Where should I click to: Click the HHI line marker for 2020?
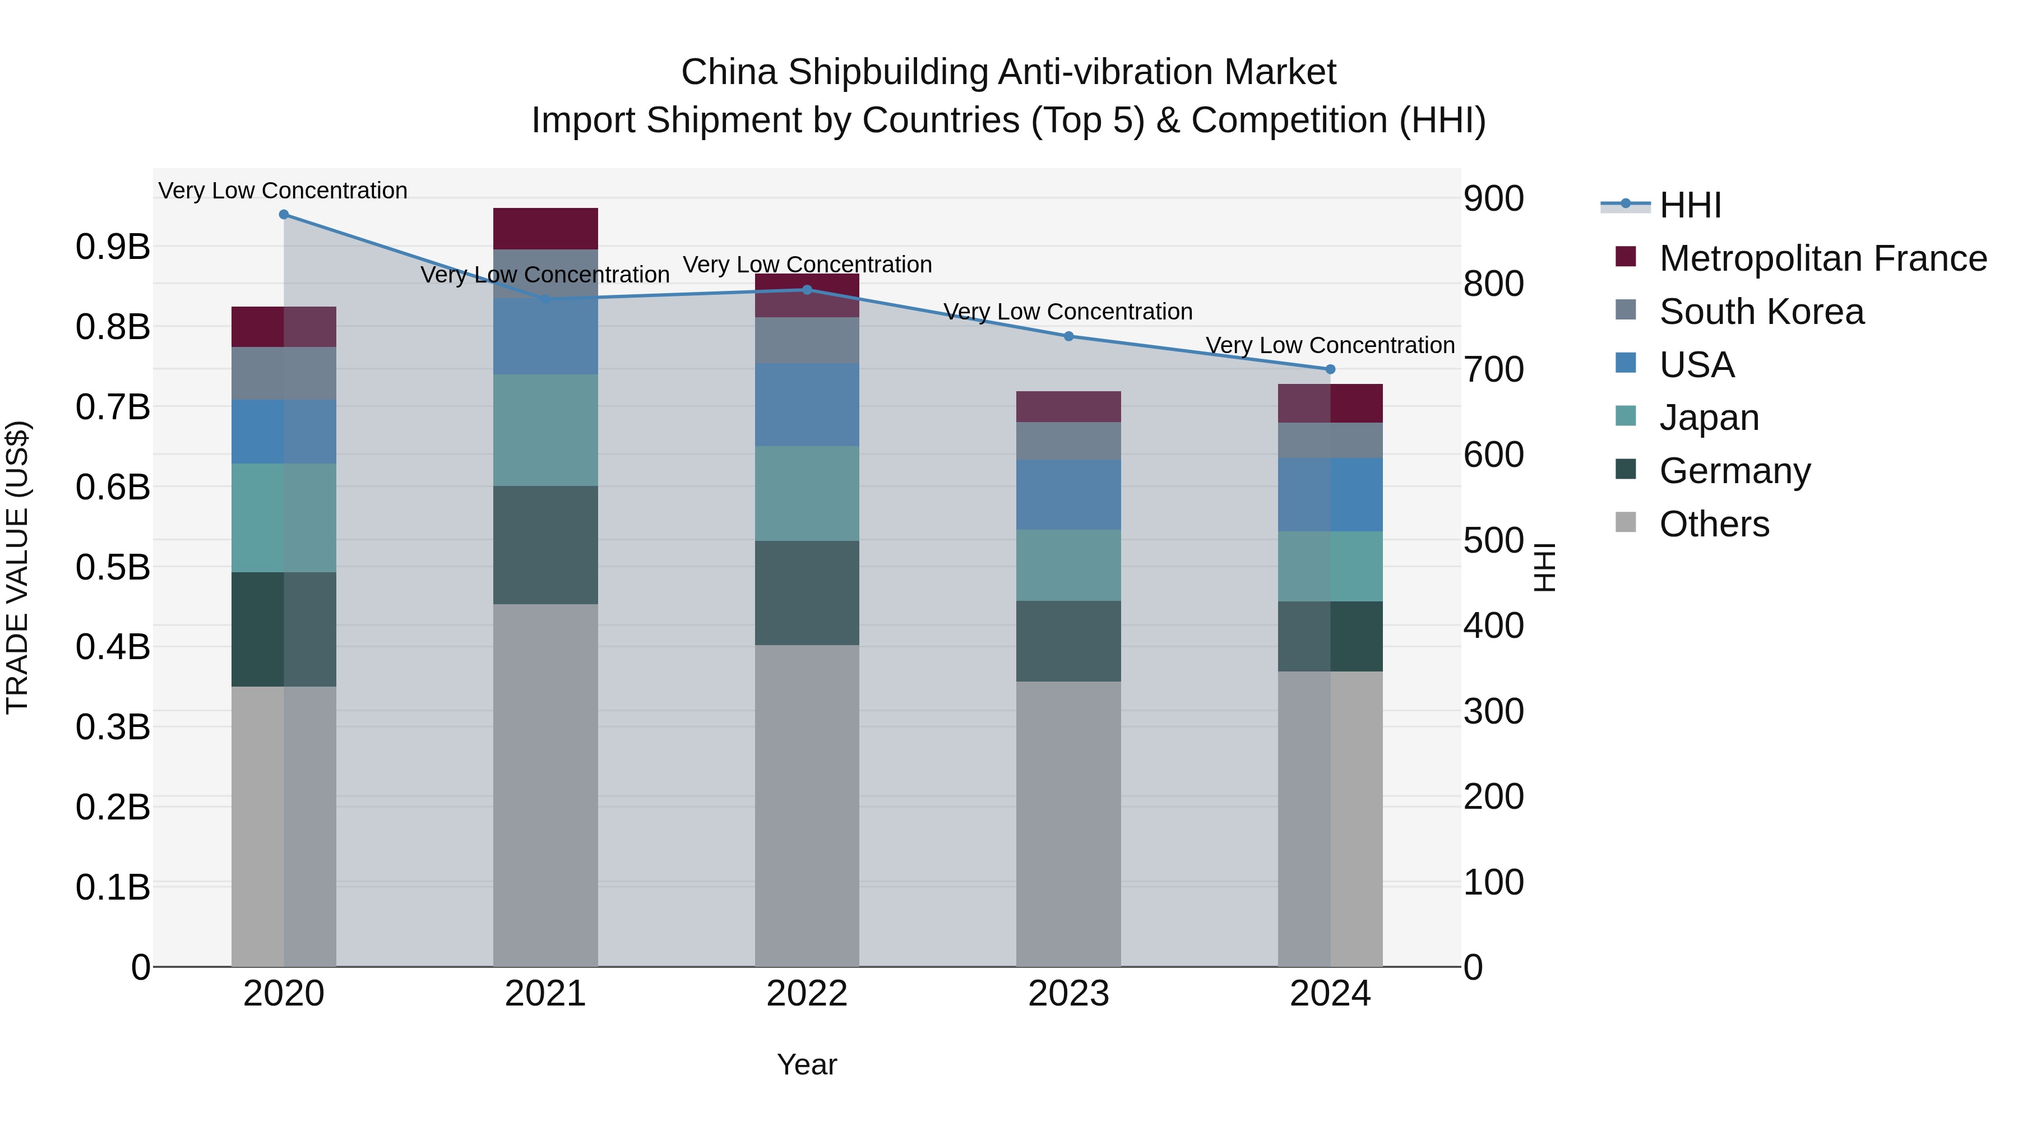[x=284, y=215]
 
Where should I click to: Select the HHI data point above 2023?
[x=1068, y=336]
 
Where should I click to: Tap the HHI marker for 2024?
[x=1330, y=369]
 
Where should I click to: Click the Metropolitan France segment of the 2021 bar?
[x=545, y=229]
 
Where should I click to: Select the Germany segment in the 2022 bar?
[x=807, y=593]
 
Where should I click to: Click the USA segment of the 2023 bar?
[x=1068, y=494]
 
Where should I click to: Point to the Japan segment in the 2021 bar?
[x=545, y=430]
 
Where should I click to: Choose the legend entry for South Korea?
[x=1761, y=312]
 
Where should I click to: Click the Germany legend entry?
[x=1734, y=471]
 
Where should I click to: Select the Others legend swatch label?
[x=1714, y=524]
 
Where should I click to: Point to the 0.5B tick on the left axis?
[x=113, y=567]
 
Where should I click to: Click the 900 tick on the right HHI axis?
[x=1493, y=198]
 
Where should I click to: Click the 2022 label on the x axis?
[x=807, y=994]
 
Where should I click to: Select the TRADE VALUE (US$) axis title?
[x=17, y=567]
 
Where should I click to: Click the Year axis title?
[x=807, y=1064]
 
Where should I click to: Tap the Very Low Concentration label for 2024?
[x=1330, y=345]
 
